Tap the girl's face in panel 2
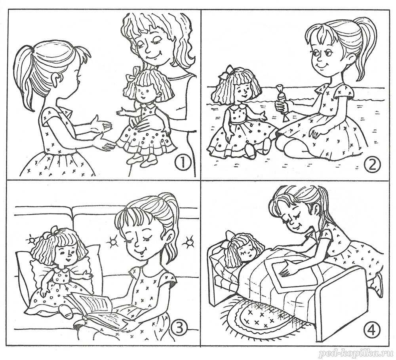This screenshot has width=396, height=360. point(325,56)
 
